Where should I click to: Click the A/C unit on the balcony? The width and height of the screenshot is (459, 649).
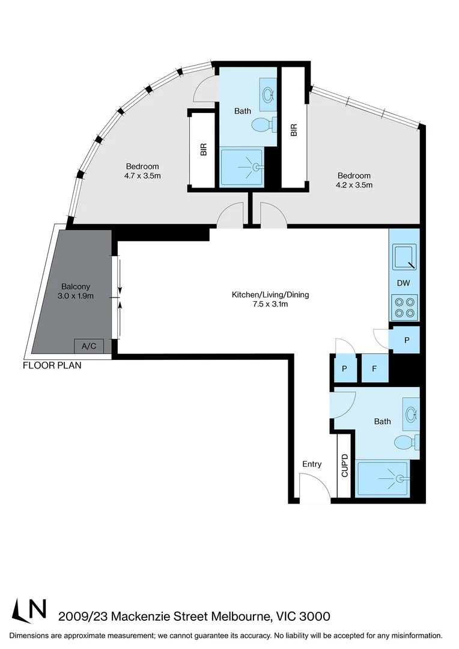(x=89, y=346)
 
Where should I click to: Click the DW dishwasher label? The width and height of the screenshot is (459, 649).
(x=404, y=282)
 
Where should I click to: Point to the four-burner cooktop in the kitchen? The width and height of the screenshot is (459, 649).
(x=404, y=308)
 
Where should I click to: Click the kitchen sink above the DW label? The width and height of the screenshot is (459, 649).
(x=404, y=257)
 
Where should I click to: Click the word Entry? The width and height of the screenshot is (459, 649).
(x=312, y=464)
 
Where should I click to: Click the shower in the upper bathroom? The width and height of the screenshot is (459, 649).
(x=242, y=168)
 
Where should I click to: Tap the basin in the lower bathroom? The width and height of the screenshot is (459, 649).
(x=412, y=413)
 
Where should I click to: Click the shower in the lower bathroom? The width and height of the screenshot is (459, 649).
(x=383, y=478)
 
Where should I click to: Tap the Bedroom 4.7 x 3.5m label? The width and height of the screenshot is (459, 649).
(x=142, y=171)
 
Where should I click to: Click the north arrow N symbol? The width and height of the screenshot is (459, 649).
(x=30, y=611)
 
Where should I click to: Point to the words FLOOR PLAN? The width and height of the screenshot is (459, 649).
(x=52, y=365)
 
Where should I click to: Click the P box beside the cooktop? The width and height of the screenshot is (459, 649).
(x=407, y=340)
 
